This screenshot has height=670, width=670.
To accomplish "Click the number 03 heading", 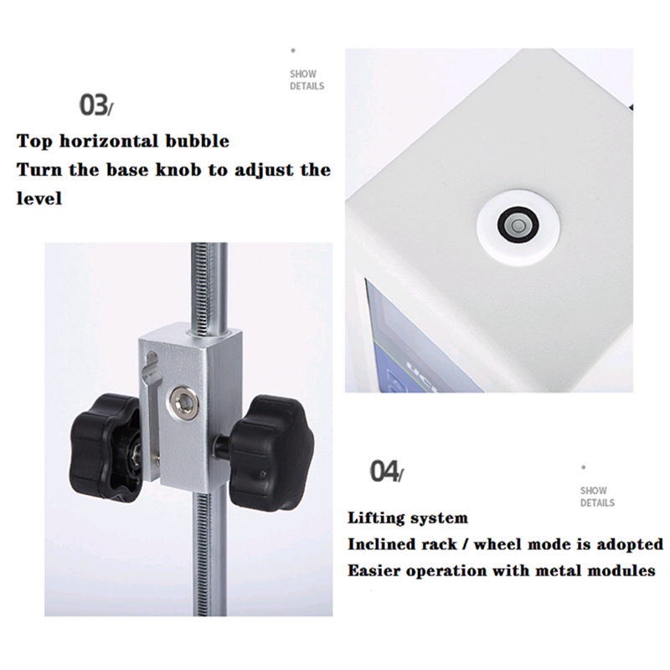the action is coord(96,106).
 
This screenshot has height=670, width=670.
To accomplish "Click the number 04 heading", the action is coord(386,471).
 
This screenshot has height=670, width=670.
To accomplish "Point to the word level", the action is coord(39,198).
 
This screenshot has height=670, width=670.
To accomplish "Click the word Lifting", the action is coord(375,518).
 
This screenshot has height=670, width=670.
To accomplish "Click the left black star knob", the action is coord(106,448).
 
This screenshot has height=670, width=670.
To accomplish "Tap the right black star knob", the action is coord(271,452).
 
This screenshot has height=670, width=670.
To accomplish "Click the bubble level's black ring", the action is coord(518,225).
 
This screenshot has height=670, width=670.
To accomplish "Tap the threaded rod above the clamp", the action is coord(209,288).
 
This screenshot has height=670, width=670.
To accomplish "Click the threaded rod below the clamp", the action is coord(208,555).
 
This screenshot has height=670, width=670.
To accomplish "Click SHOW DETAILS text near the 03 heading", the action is coord(307,80).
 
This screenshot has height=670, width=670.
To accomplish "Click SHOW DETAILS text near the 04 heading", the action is coord(597,497).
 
